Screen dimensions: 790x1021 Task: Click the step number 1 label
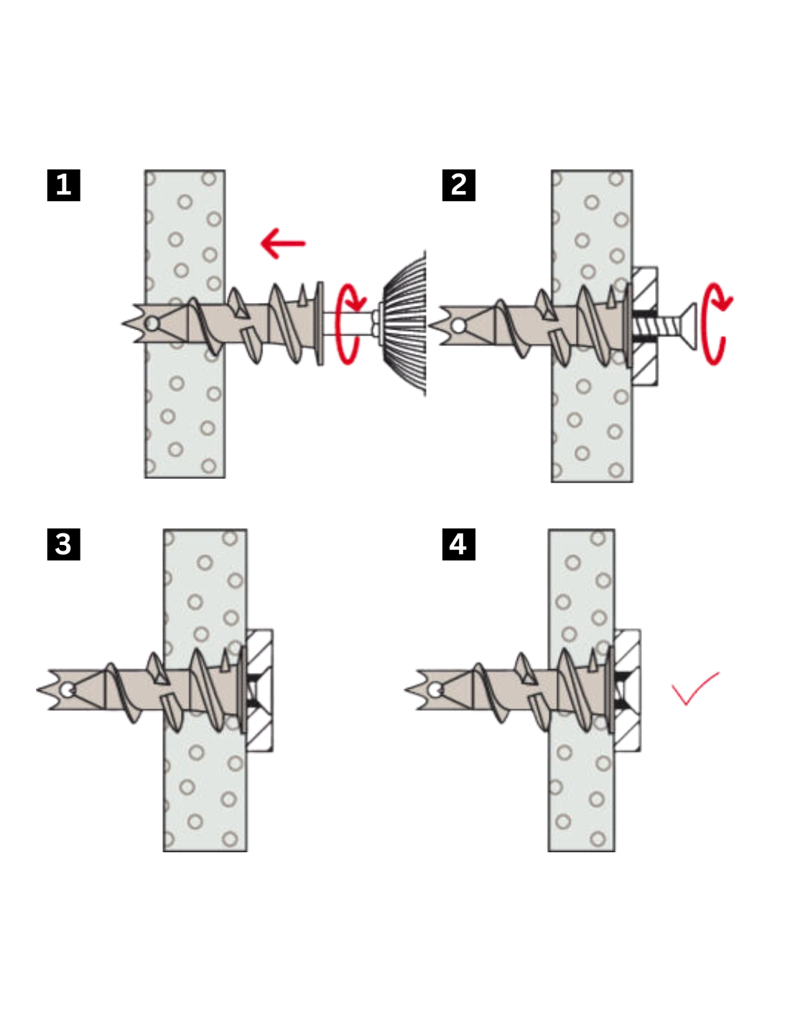63,185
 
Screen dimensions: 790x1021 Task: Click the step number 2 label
458,185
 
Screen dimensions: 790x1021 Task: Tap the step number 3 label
63,544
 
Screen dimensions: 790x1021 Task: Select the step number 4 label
458,544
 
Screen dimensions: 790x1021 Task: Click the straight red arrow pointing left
283,243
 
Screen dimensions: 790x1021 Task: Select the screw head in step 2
689,326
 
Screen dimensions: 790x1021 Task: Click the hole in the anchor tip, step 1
152,324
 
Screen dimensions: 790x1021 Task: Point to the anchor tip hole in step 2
458,325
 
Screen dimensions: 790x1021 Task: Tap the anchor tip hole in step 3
68,690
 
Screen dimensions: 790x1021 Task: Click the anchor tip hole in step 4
434,690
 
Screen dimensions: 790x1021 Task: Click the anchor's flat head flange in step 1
320,323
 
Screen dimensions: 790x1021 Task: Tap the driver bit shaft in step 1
350,324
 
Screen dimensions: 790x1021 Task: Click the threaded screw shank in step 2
656,325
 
